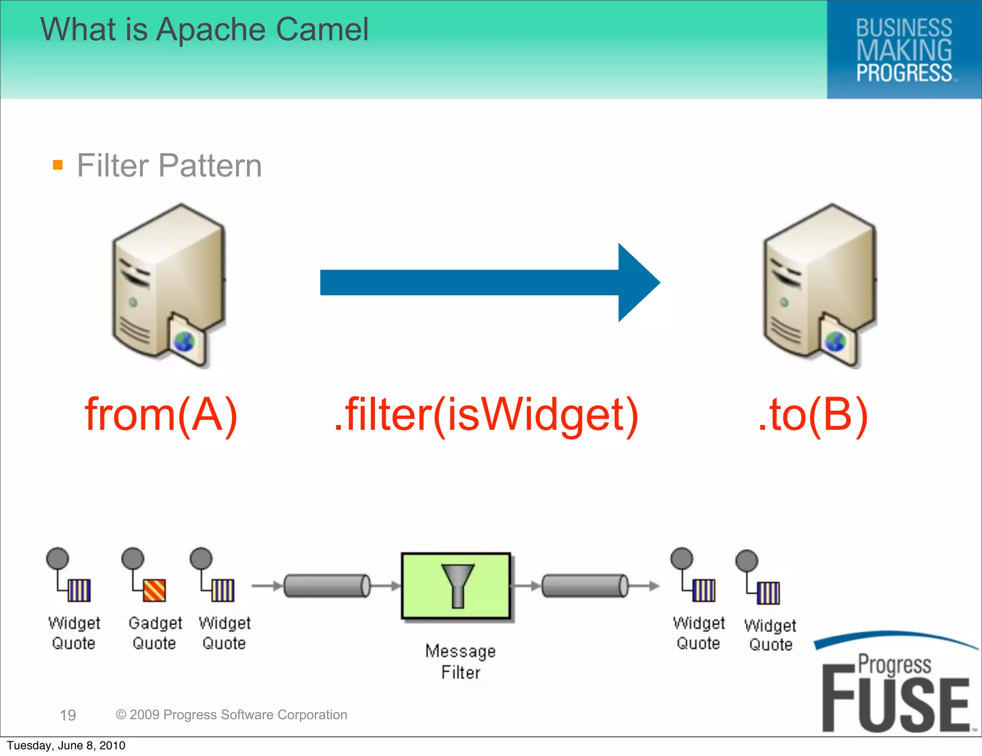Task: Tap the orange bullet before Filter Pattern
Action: tap(58, 165)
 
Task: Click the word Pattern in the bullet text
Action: tap(210, 166)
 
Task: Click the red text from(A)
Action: tap(161, 414)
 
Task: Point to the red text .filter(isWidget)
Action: tap(486, 414)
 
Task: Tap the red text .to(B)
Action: tap(813, 414)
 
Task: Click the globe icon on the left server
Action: tap(184, 342)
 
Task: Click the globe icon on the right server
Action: tap(835, 342)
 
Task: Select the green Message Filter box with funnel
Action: tap(456, 586)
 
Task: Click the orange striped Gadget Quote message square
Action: tap(154, 591)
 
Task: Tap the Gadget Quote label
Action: tap(155, 633)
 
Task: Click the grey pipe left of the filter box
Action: tap(327, 586)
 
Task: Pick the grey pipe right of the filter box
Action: tap(585, 586)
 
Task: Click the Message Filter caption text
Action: tap(460, 661)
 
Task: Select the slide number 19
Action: tap(68, 715)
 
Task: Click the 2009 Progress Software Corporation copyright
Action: tap(232, 715)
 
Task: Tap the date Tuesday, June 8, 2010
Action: tap(66, 745)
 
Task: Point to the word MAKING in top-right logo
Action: tap(904, 50)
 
